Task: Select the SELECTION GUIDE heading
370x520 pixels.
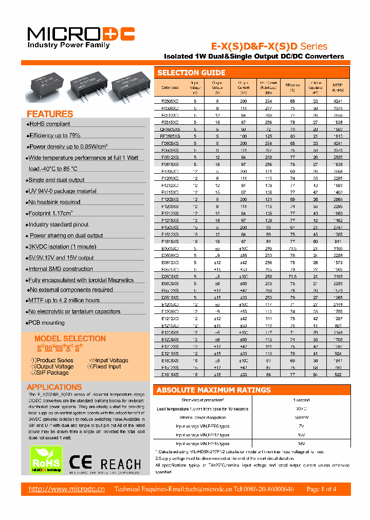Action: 191,72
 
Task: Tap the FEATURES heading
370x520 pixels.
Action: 50,114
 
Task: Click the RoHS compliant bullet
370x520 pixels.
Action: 49,124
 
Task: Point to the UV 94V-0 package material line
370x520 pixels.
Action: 62,191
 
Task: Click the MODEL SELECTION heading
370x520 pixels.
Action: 70,339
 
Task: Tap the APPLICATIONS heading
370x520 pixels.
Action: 54,387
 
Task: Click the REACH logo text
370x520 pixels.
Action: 121,464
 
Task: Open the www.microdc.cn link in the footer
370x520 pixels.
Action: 67,489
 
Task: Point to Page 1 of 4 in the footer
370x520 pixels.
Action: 321,489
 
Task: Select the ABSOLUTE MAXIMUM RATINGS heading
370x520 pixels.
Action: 213,390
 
